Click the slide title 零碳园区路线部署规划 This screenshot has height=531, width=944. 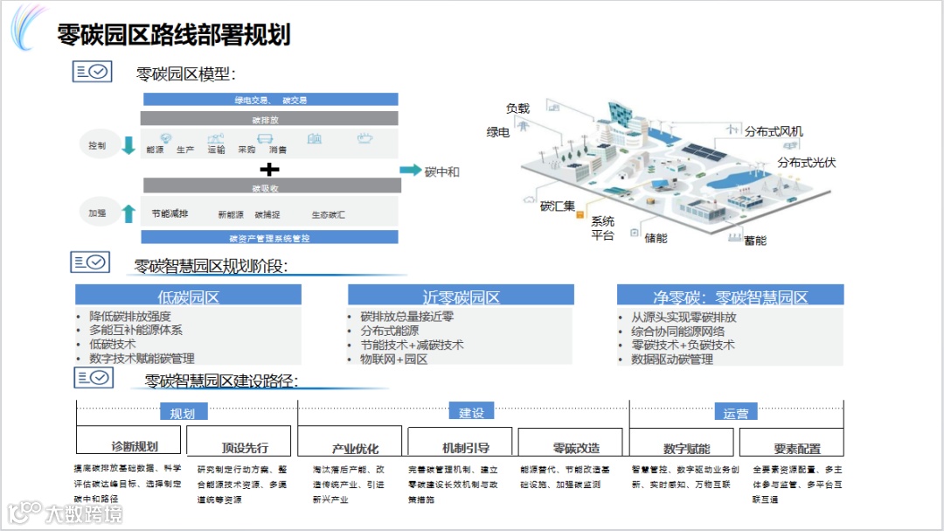pos(173,35)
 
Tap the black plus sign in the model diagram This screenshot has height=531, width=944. pos(271,169)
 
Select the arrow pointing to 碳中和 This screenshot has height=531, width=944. pos(410,171)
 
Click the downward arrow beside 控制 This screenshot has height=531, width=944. pos(128,145)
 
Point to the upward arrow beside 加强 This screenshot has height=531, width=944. pos(128,213)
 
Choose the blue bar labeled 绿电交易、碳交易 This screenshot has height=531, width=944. pos(270,100)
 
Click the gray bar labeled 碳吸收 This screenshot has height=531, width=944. pos(271,186)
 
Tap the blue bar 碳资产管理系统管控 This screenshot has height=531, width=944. pos(269,237)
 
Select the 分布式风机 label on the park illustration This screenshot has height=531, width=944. pos(773,132)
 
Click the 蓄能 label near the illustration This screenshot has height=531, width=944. pos(754,241)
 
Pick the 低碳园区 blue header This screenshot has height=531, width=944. pos(188,296)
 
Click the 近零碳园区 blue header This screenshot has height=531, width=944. pos(461,296)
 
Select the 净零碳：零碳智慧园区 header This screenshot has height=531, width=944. pos(730,296)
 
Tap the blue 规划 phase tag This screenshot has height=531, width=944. pos(182,412)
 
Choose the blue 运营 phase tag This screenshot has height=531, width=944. pos(735,412)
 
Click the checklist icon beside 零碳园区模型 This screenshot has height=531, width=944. pos(92,72)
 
